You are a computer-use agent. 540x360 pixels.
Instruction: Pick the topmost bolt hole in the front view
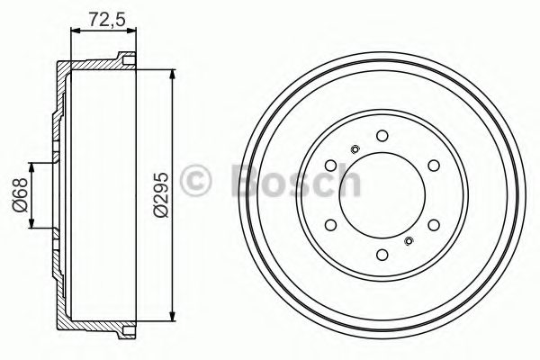click(382, 136)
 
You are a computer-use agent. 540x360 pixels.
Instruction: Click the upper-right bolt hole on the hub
click(433, 166)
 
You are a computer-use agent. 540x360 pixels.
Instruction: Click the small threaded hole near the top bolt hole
click(355, 149)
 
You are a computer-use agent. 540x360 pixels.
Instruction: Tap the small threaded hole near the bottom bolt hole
click(409, 240)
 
